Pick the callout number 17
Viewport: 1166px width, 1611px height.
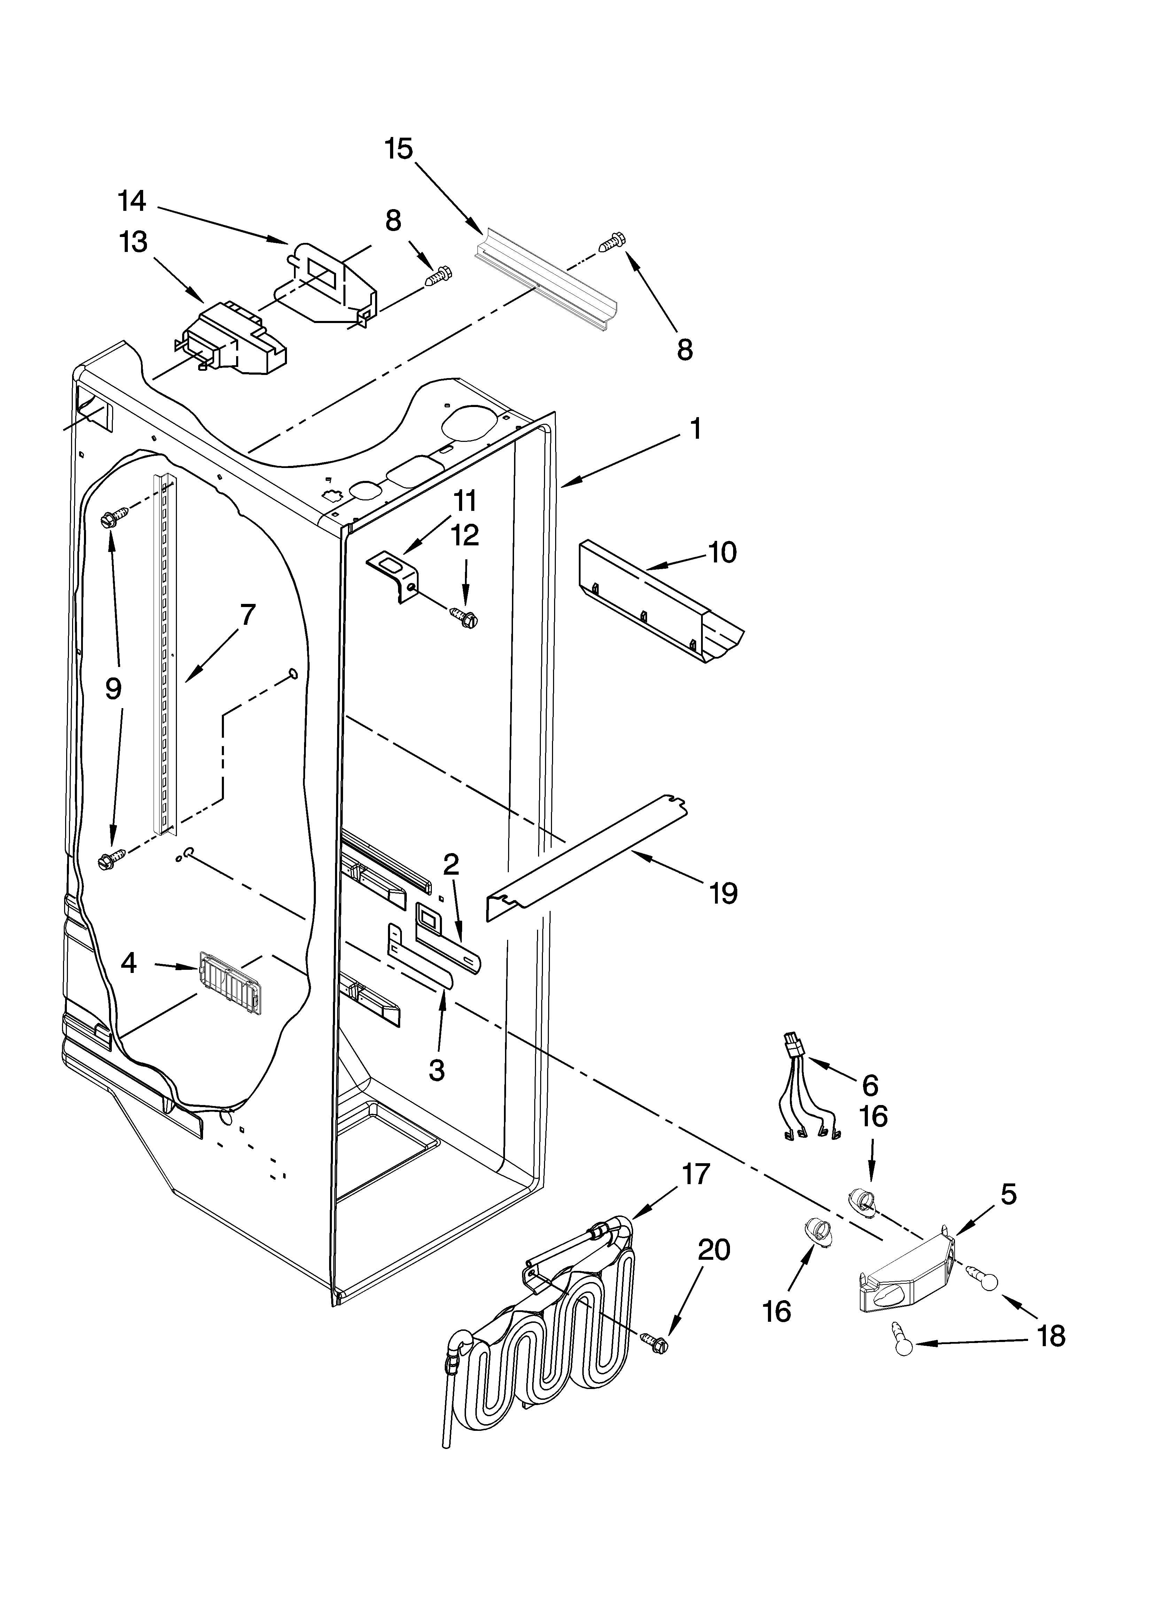click(696, 1174)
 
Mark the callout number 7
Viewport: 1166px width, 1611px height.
click(246, 614)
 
